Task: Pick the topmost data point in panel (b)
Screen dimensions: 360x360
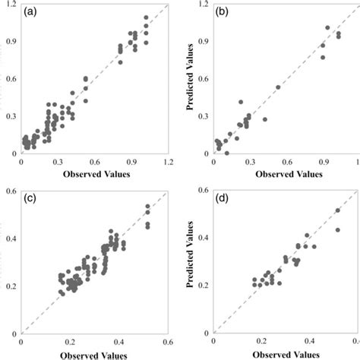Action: click(x=328, y=27)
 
